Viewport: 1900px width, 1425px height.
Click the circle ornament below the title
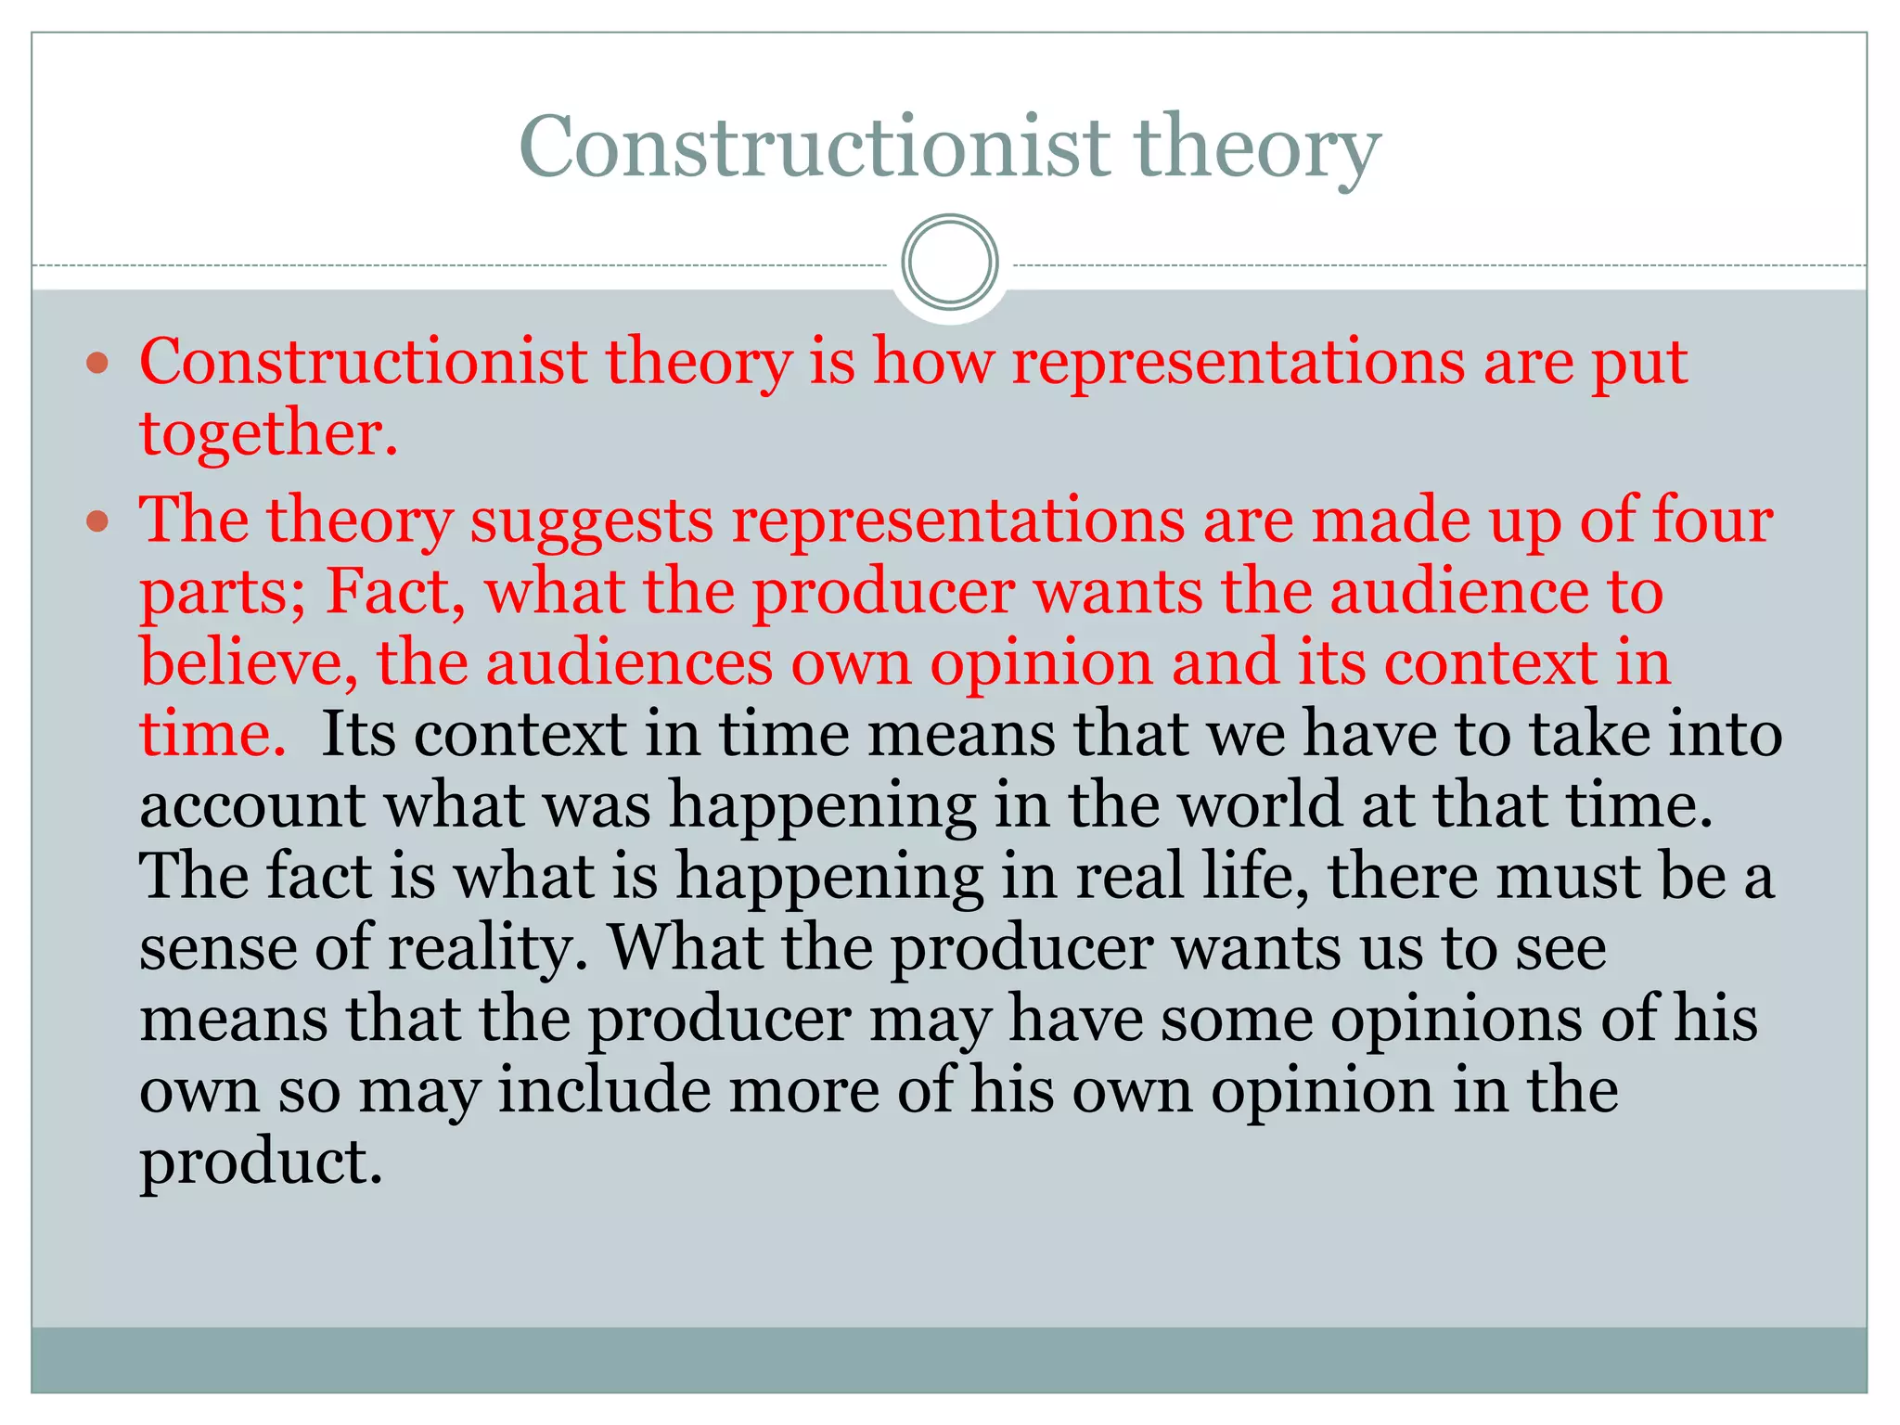coord(949,262)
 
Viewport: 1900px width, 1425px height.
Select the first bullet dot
coord(97,362)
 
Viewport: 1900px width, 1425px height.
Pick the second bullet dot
coord(97,521)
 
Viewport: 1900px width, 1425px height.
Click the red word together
coord(267,434)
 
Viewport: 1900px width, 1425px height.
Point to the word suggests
coord(592,521)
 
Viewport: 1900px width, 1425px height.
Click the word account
coord(251,805)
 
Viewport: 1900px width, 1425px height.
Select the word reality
coord(488,948)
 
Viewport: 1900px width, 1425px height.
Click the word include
coord(604,1090)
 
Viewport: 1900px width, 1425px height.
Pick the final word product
coord(261,1163)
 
